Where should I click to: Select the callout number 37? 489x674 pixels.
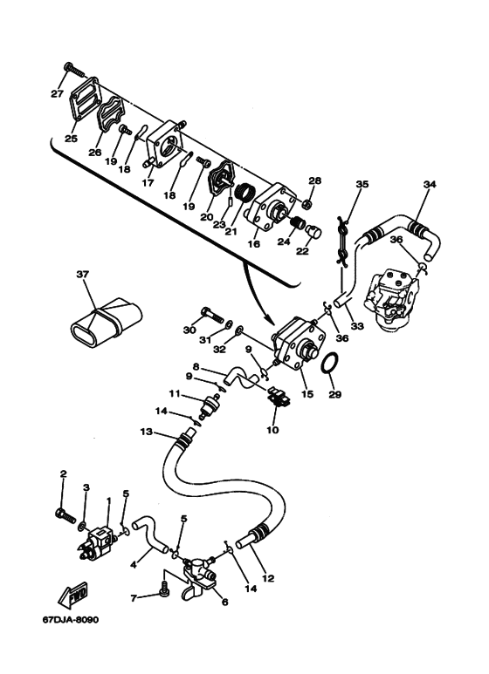coord(82,274)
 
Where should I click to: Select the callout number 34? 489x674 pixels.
coord(429,184)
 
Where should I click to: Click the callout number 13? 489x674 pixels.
coord(146,432)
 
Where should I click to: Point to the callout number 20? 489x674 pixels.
coord(206,216)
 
